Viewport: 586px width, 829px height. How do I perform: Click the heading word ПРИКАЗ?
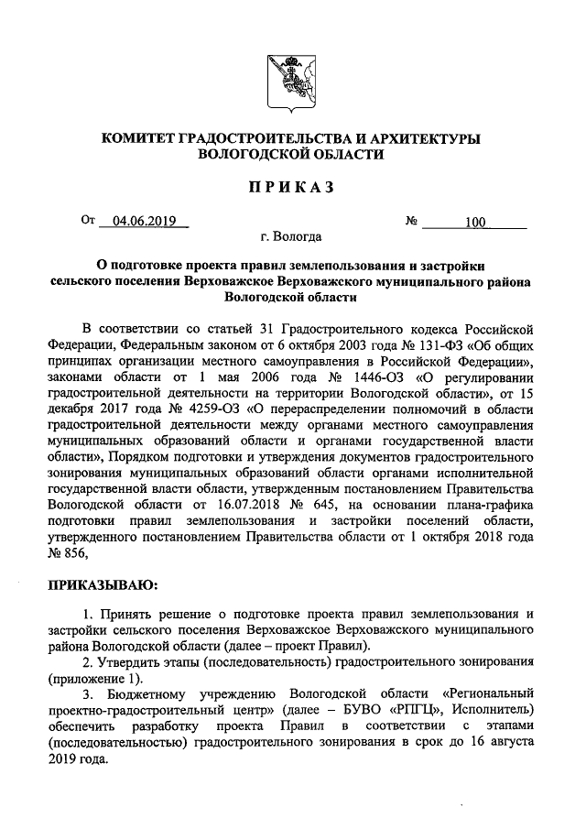point(292,188)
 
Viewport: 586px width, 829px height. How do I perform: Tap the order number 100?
point(476,222)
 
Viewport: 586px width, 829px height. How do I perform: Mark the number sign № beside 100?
point(411,222)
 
